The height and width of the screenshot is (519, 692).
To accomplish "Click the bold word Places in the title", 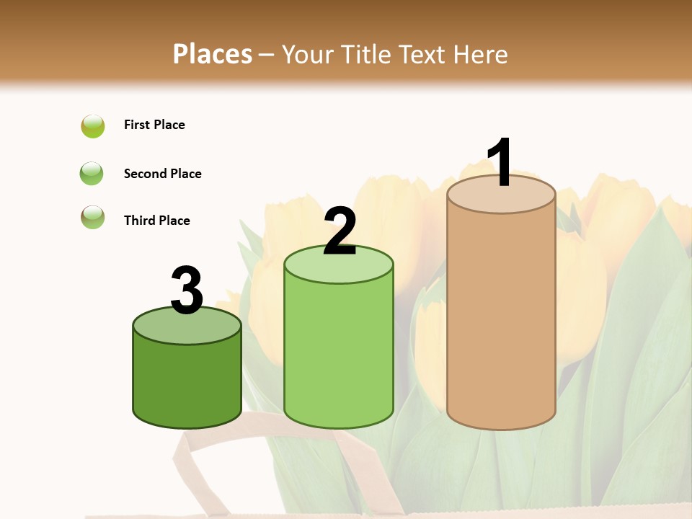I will coord(213,54).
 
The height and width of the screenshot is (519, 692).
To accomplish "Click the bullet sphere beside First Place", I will coord(93,126).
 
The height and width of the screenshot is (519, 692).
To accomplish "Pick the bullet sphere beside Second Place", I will coord(92,174).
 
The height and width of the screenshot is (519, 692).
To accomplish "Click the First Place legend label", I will coord(154,125).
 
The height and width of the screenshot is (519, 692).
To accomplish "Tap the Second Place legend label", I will coord(162,174).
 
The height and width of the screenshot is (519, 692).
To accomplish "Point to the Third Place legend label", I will coord(156,221).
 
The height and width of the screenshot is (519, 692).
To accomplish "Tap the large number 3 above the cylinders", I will coord(187,290).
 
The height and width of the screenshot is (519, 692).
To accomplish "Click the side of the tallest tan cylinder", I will coord(501,317).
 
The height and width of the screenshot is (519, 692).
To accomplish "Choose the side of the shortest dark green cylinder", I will coord(187,382).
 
